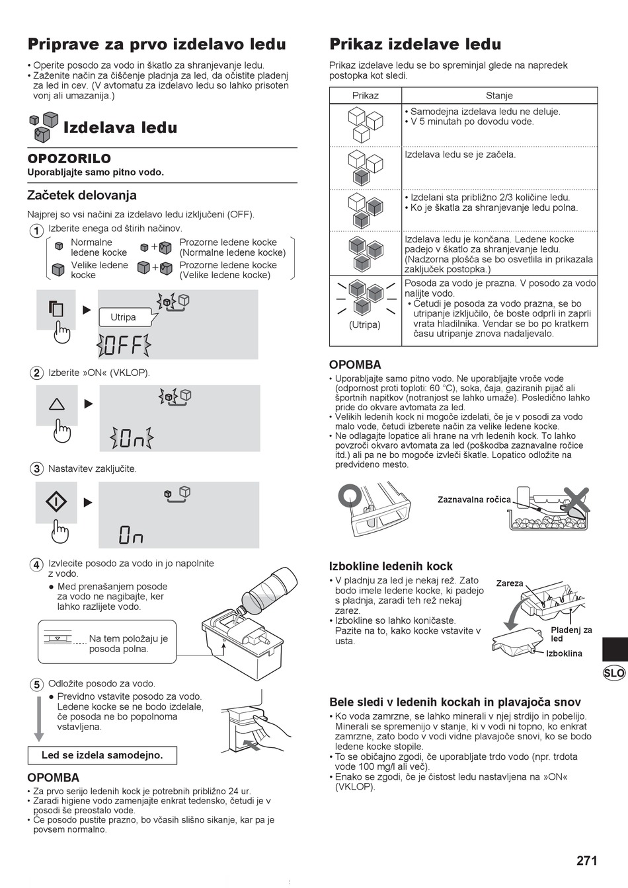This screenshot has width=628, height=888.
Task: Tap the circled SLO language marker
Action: pos(614,673)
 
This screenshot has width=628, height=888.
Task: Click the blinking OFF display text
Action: pos(124,346)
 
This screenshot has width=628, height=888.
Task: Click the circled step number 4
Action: pos(36,564)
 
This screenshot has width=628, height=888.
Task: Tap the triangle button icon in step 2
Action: pos(56,404)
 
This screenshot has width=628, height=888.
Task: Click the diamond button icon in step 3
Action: pos(56,502)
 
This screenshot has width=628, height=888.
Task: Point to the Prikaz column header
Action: pos(366,96)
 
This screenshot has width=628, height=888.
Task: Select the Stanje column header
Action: pos(499,96)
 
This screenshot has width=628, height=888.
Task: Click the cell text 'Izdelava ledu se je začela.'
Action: pos(460,155)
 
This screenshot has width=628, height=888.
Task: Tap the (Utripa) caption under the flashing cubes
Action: pos(365,324)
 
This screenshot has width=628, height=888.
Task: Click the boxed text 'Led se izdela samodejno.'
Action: pos(102,755)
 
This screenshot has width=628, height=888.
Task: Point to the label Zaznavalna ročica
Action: pos(474,499)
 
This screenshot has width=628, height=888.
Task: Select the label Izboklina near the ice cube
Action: pos(564,653)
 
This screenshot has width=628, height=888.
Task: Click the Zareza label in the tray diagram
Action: pos(510,583)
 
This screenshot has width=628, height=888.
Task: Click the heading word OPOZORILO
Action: pos(69,159)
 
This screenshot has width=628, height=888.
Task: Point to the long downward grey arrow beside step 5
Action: pos(39,718)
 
